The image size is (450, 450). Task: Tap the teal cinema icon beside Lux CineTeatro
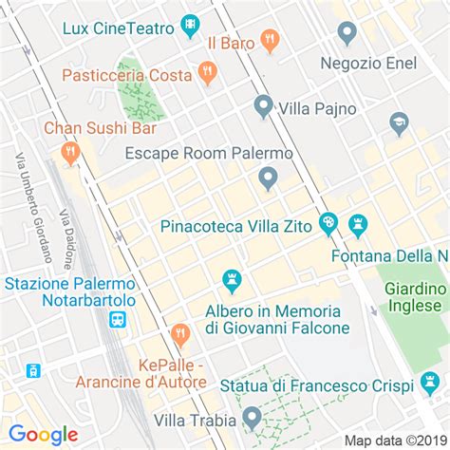click(191, 23)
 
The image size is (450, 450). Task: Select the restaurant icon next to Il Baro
click(271, 40)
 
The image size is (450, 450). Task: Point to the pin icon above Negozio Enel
click(347, 33)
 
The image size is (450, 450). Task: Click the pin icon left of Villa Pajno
click(263, 105)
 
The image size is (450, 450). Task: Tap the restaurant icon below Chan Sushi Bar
click(69, 152)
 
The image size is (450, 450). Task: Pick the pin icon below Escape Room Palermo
click(268, 178)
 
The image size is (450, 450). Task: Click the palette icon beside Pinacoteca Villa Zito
click(328, 224)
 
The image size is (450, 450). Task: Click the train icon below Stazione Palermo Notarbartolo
click(118, 320)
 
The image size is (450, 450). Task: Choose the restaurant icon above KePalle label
click(180, 333)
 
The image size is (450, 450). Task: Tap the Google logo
click(44, 435)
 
